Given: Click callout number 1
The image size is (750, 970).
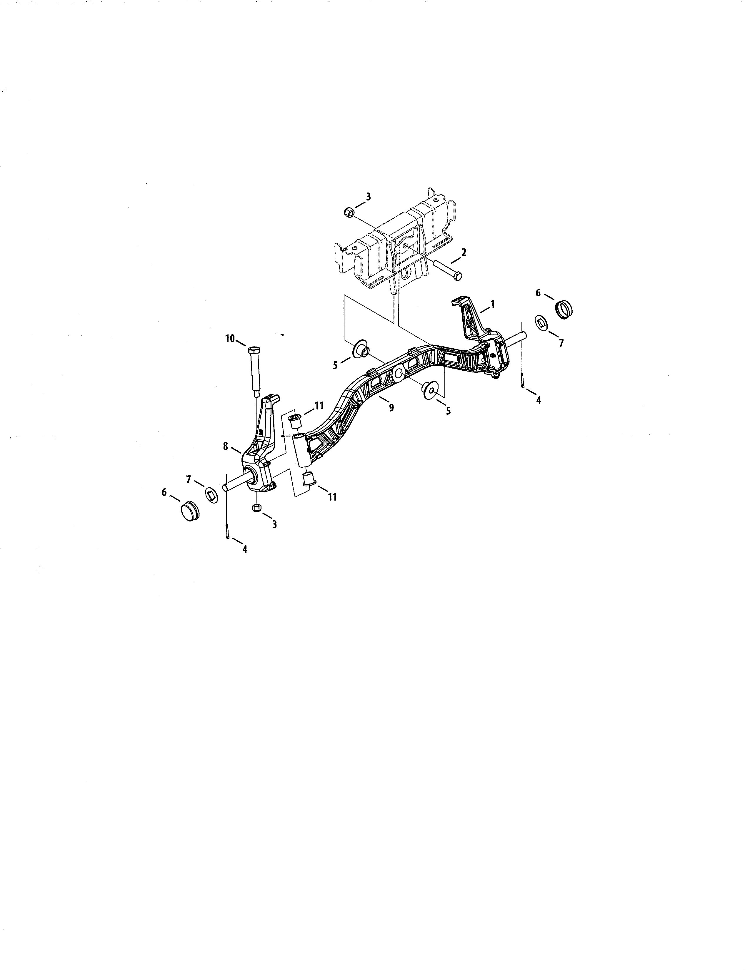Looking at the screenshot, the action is (x=492, y=304).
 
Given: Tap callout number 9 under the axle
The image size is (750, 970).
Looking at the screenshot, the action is (x=391, y=407).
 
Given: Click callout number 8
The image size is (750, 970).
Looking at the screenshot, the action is (x=226, y=446).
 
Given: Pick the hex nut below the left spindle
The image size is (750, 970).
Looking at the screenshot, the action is (x=256, y=508).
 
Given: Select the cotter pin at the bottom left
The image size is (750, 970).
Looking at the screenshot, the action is (x=227, y=532).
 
